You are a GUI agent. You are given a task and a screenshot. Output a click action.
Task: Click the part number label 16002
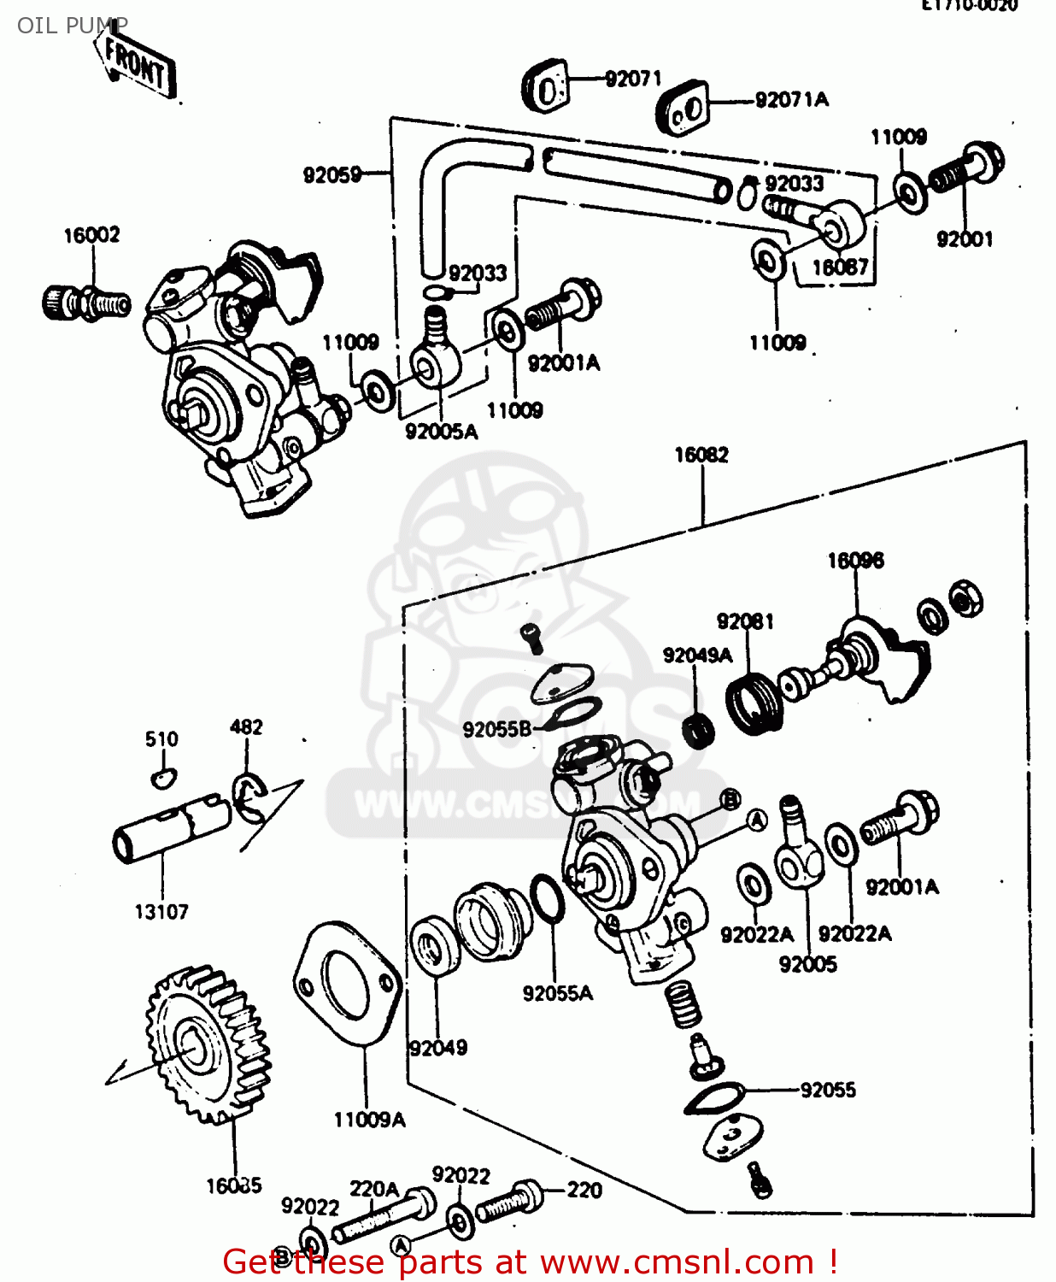pos(91,235)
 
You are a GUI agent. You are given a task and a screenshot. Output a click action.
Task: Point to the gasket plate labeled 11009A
pos(346,983)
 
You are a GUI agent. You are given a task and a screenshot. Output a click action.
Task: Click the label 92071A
pos(791,100)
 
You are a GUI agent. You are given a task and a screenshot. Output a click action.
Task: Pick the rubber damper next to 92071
pos(545,85)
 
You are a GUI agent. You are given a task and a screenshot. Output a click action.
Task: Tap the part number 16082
pos(701,455)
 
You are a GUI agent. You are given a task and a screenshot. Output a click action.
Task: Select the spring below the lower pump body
pos(683,1004)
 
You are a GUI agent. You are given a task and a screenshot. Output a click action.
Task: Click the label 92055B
pos(497,729)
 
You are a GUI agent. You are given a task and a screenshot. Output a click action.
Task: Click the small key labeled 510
pos(161,777)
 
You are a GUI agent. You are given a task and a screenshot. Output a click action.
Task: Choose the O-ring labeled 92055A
pos(547,897)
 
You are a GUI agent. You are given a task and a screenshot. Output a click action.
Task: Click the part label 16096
pos(855,561)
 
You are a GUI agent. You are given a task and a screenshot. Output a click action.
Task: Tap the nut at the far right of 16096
pos(965,597)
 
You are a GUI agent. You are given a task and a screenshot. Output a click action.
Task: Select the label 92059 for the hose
pos(332,175)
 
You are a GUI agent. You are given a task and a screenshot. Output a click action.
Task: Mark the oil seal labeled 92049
pos(435,944)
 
